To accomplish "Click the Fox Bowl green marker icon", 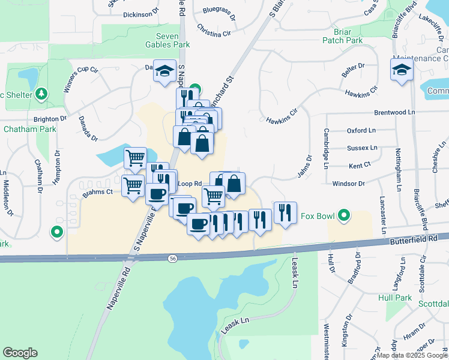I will pyautogui.click(x=344, y=215).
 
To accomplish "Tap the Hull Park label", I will pyautogui.click(x=395, y=298).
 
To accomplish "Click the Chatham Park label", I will pyautogui.click(x=22, y=128).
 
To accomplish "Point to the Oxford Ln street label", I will pyautogui.click(x=361, y=130).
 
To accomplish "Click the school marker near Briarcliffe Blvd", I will pyautogui.click(x=402, y=71).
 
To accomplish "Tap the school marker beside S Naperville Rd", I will pyautogui.click(x=164, y=71).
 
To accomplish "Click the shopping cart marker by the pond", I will pyautogui.click(x=135, y=158).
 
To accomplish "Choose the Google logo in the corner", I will pyautogui.click(x=20, y=353).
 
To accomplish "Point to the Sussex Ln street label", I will pyautogui.click(x=362, y=148).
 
